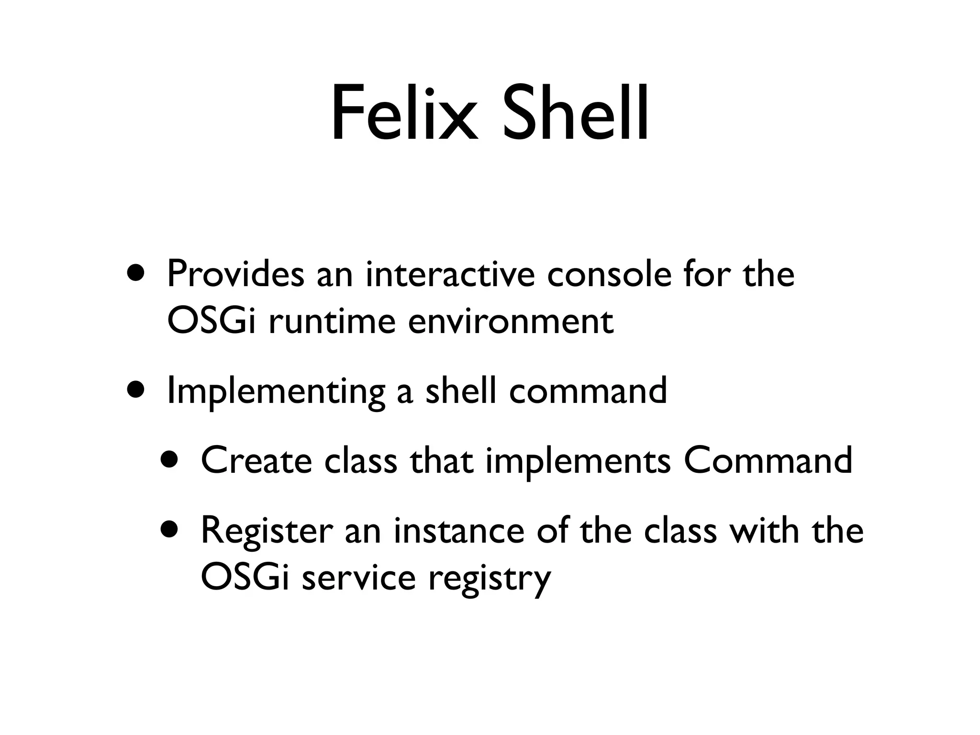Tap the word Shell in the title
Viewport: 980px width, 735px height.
pos(576,114)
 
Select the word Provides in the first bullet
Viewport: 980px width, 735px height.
pos(235,274)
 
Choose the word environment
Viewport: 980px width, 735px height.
pos(511,321)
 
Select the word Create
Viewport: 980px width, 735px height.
pos(256,460)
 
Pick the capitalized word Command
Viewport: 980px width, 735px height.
pos(768,460)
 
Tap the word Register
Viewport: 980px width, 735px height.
pos(267,531)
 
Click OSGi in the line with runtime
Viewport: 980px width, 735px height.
pos(210,321)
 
